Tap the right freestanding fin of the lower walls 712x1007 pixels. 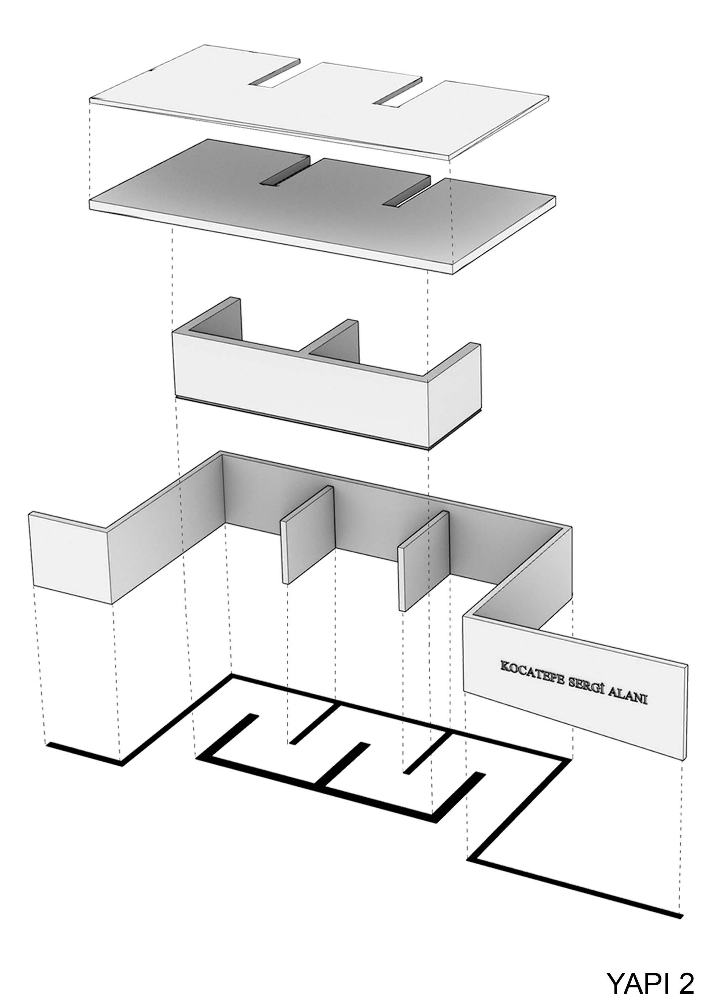[x=424, y=560]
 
